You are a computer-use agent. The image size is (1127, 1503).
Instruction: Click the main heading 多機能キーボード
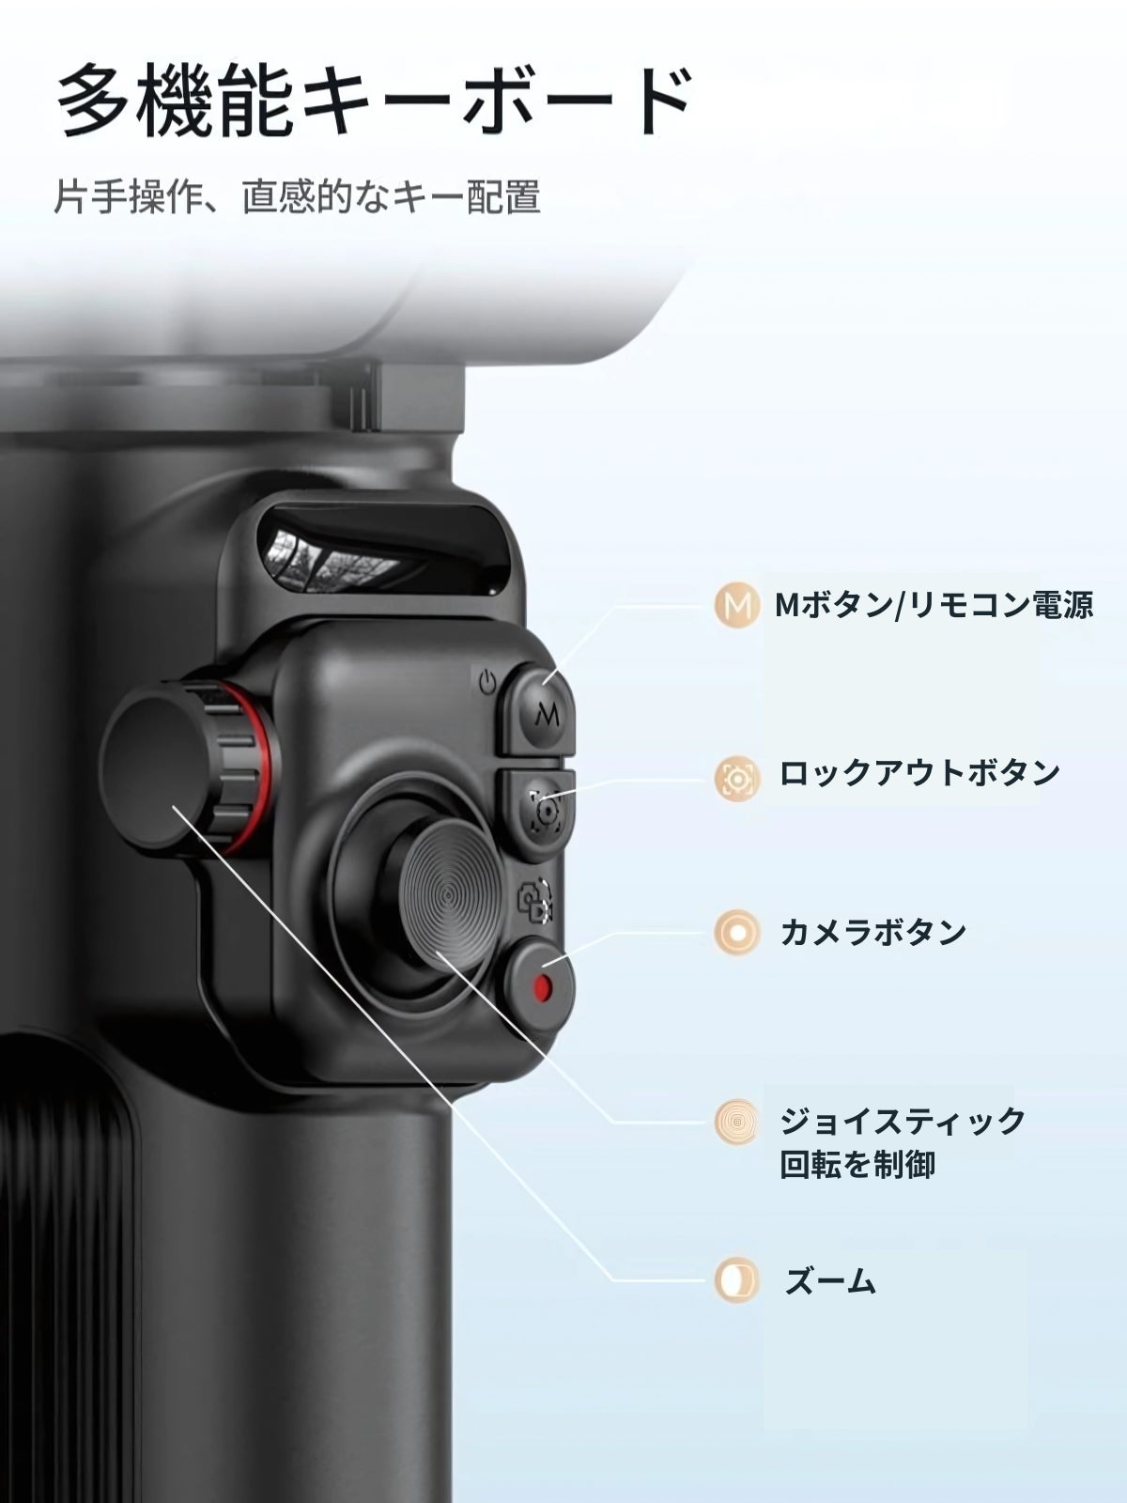tap(374, 101)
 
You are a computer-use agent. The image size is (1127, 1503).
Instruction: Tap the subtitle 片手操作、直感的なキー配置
tap(298, 197)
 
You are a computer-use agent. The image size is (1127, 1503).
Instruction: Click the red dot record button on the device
tap(542, 986)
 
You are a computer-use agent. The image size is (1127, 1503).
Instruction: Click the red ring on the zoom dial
tap(264, 766)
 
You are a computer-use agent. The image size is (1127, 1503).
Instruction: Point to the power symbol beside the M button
tap(486, 683)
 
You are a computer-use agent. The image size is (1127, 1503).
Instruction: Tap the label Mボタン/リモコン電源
tap(934, 605)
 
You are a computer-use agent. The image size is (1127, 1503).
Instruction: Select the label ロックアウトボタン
tap(919, 774)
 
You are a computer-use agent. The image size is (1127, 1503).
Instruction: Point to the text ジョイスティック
tap(902, 1122)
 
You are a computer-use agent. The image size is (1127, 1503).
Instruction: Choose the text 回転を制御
tap(857, 1164)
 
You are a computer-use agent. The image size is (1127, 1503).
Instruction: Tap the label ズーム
tap(829, 1280)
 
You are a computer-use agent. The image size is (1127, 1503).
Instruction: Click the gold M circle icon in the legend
tap(736, 605)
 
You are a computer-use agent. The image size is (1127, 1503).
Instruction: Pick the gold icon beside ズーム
tap(736, 1280)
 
